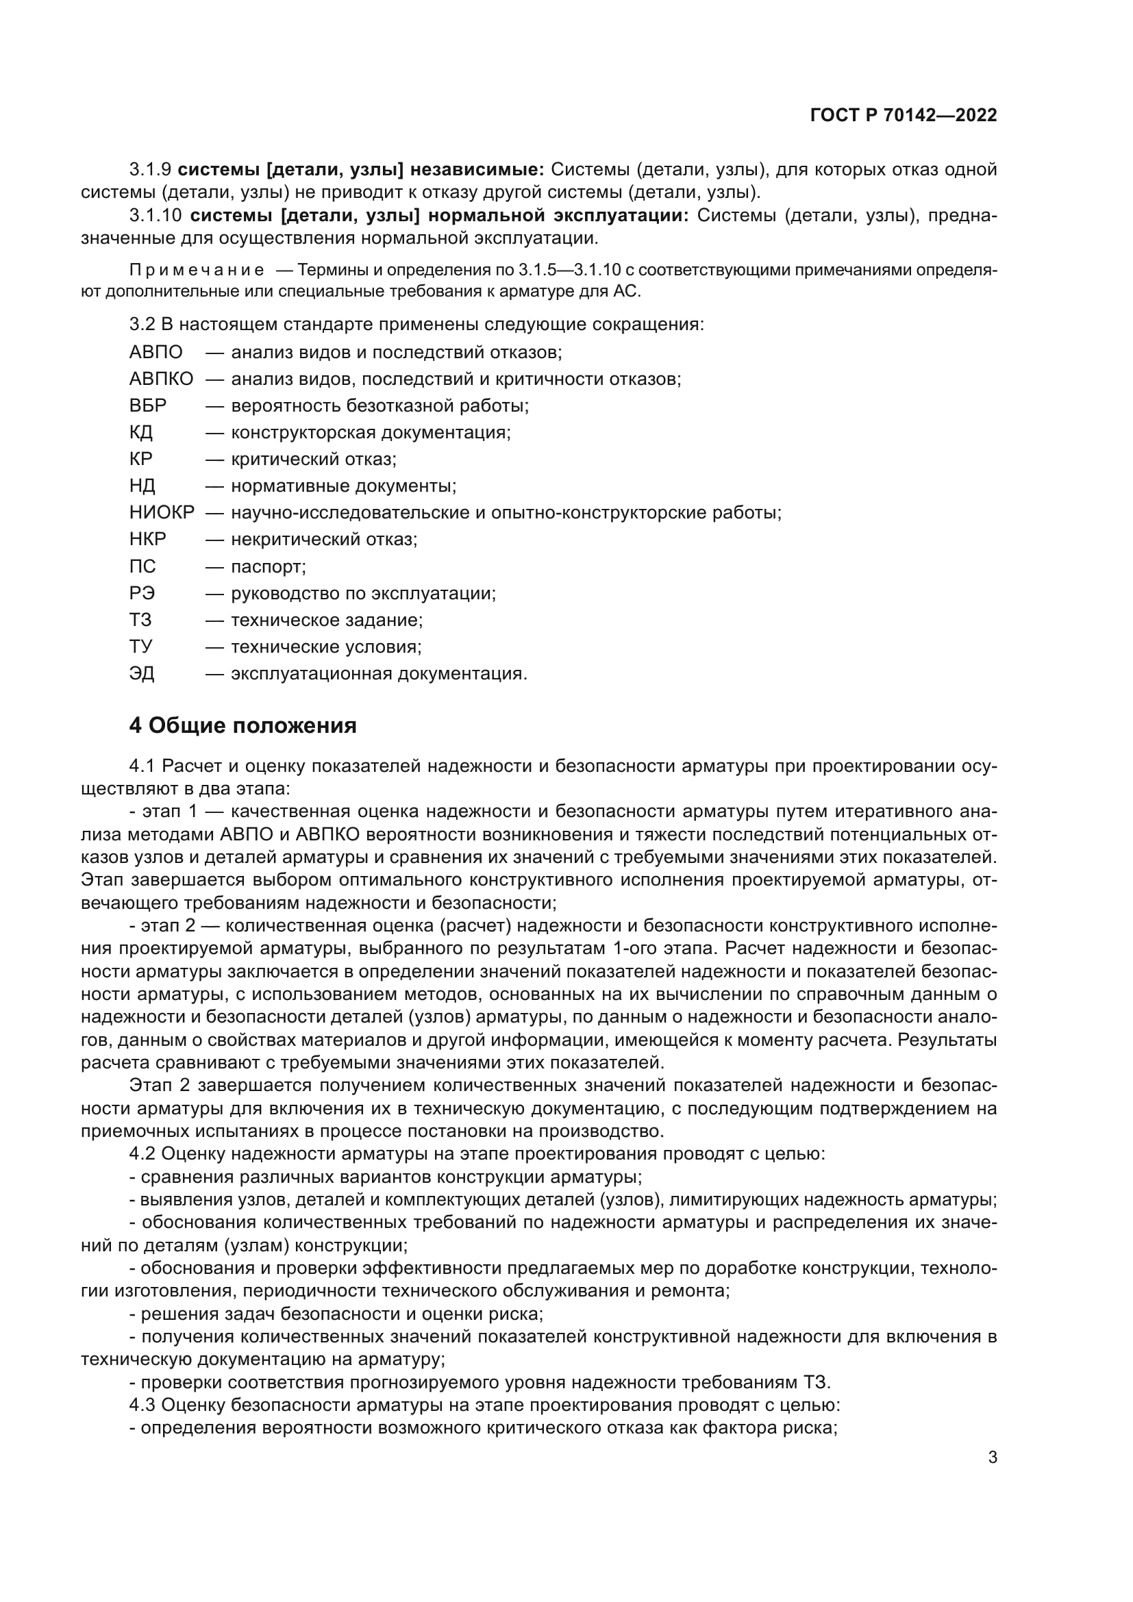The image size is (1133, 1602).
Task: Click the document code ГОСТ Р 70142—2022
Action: click(x=904, y=116)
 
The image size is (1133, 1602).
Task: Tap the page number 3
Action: click(x=993, y=1457)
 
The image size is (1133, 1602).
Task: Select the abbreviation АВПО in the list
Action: click(x=155, y=352)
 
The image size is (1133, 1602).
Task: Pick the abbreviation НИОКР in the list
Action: click(x=162, y=513)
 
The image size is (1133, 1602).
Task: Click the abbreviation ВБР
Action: click(x=148, y=406)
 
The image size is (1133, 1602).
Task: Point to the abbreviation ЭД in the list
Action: click(x=142, y=674)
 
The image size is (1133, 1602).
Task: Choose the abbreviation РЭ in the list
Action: click(x=142, y=594)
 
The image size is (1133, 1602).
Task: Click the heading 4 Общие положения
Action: click(x=242, y=725)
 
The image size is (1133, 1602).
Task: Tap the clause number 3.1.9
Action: click(x=150, y=170)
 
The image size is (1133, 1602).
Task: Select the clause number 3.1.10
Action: click(x=155, y=216)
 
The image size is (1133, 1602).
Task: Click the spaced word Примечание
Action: click(x=197, y=271)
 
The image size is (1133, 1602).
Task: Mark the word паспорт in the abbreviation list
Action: click(x=268, y=566)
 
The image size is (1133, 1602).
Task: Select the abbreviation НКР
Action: click(x=148, y=540)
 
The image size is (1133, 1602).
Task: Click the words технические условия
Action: click(x=326, y=647)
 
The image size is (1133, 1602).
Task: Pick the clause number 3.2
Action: click(x=142, y=325)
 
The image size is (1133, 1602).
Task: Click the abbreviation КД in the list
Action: click(x=141, y=433)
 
